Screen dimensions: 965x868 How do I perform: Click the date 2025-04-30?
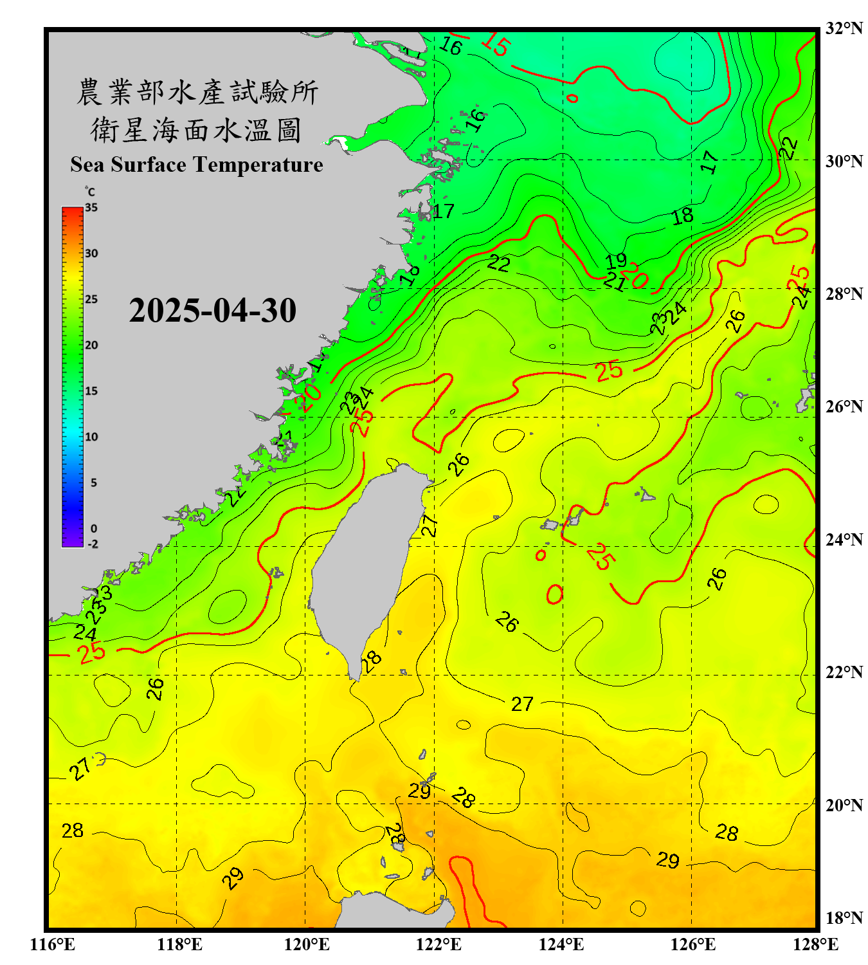(212, 311)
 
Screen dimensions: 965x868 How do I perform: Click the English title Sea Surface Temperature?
(197, 165)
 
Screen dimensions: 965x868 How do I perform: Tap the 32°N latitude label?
(844, 28)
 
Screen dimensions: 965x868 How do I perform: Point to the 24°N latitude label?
(844, 539)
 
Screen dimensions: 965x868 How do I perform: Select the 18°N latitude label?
(844, 918)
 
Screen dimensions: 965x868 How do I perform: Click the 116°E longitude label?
(53, 944)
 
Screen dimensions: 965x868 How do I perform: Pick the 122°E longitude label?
(439, 944)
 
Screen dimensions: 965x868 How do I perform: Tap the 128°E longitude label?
(815, 944)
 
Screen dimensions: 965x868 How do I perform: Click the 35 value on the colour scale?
(91, 208)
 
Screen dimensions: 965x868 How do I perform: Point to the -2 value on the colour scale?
(93, 544)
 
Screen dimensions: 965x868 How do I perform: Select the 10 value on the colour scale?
(91, 437)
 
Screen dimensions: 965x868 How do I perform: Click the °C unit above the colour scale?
(90, 192)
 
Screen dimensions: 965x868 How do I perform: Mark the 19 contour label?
(616, 261)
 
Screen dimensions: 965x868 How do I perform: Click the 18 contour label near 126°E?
(682, 216)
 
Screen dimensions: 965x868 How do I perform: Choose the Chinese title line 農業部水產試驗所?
(197, 92)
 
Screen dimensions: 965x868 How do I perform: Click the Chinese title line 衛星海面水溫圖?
(197, 130)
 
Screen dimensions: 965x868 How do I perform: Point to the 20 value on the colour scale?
(91, 345)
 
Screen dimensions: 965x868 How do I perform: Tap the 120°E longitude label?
(307, 944)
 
